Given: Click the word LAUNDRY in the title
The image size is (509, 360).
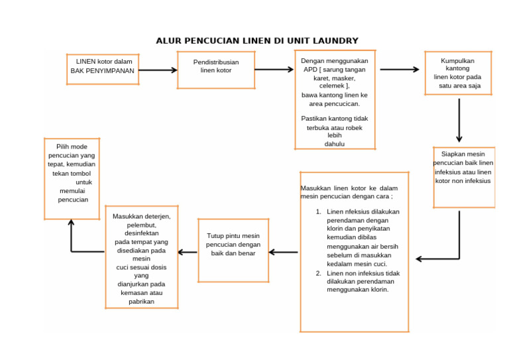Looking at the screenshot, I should pos(331,41).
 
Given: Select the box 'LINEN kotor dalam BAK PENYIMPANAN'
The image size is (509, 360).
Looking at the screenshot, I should pos(103,69).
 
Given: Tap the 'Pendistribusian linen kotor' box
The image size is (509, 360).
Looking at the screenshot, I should pos(216,70).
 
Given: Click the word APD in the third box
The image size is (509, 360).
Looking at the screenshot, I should pos(309,70).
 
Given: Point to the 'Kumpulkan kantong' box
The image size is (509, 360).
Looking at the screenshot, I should pos(458,72).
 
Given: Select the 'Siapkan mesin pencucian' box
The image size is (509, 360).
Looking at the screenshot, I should pos(463,178).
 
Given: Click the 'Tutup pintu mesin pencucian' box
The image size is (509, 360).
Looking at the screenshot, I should pos(233,250).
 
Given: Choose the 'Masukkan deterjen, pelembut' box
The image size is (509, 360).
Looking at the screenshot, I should pos(142,257).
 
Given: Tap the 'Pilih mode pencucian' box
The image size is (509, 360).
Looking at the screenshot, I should pos(72,178).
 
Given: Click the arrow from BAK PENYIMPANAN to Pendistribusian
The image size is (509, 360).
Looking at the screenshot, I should pos(158,70).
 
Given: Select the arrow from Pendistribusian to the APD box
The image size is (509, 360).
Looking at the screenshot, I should pos(274,69).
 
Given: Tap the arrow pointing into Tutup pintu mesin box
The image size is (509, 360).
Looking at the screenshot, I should pos(283,252).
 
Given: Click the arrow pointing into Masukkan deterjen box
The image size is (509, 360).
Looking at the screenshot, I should pos(188,252).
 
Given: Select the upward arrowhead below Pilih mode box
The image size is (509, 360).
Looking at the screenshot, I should pos(71,224).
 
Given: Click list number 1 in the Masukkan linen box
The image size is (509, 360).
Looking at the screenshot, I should pos(319,212).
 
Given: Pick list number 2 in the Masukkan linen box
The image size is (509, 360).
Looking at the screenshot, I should pos(319,273).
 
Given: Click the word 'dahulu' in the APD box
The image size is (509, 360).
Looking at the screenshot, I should pos(335,143).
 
